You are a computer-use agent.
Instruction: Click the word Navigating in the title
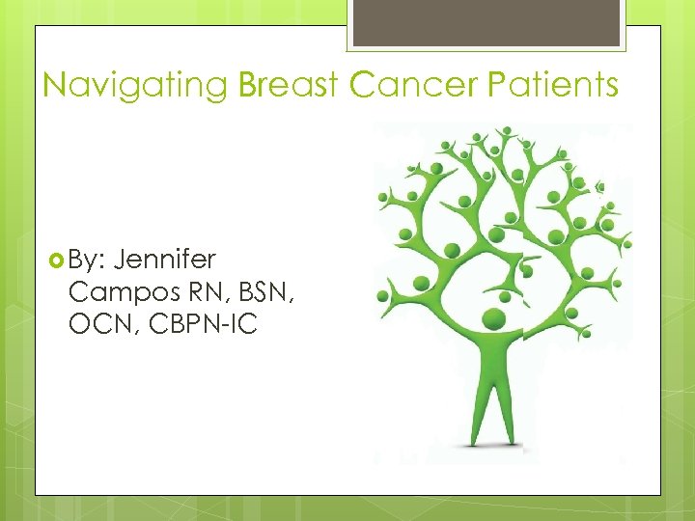click(135, 86)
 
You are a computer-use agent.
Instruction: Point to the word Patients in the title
click(552, 86)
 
